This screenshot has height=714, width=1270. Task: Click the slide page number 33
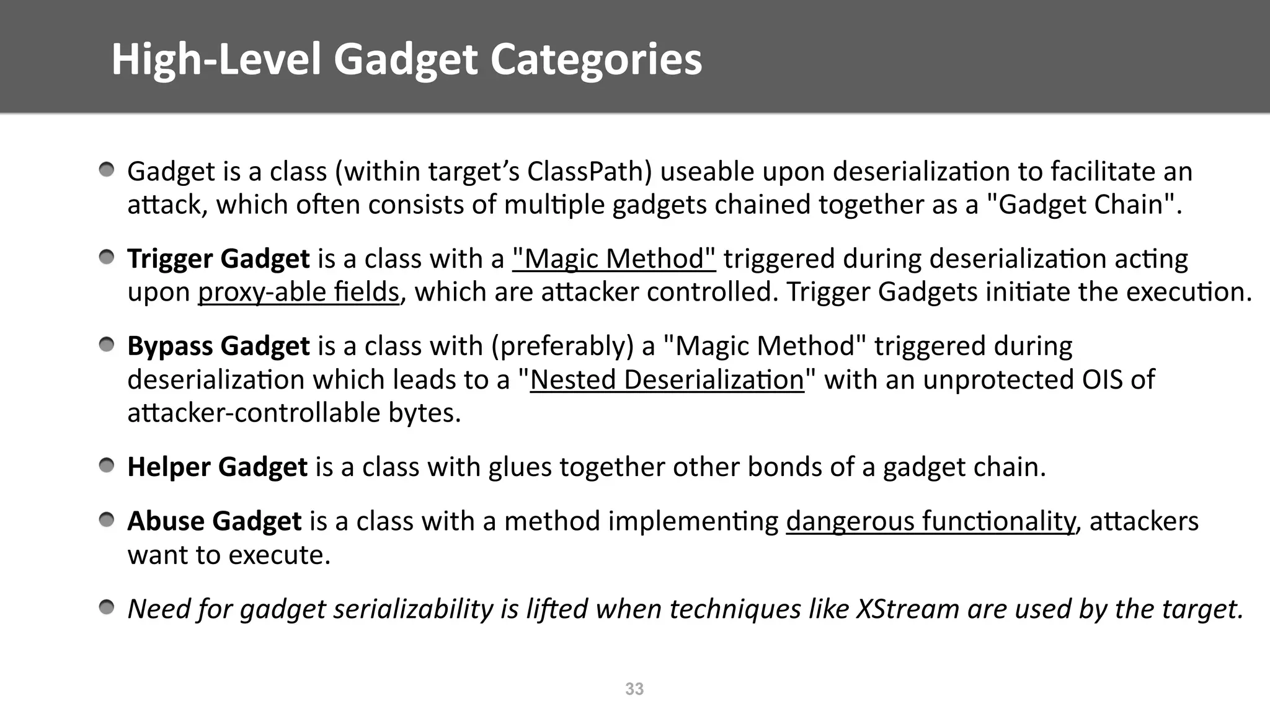[x=634, y=689]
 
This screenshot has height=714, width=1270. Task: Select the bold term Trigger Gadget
[x=218, y=258]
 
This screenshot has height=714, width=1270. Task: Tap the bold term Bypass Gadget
[x=218, y=346]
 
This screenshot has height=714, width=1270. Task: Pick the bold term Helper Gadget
[x=217, y=467]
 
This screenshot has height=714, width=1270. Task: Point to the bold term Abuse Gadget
[x=214, y=521]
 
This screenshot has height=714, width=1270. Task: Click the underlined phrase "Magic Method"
[x=614, y=258]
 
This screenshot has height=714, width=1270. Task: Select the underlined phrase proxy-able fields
[x=298, y=292]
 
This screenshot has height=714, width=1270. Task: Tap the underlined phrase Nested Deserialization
[x=667, y=379]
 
